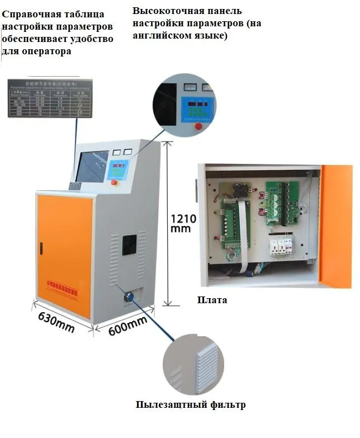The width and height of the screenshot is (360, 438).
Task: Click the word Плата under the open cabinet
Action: [212, 300]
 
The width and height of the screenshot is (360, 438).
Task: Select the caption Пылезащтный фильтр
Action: [191, 404]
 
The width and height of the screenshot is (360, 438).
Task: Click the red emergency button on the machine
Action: [114, 182]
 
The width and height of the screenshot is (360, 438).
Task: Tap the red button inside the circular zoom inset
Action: [197, 126]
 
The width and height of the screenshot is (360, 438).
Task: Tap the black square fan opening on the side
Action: [129, 244]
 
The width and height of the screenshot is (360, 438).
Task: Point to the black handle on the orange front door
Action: [41, 244]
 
